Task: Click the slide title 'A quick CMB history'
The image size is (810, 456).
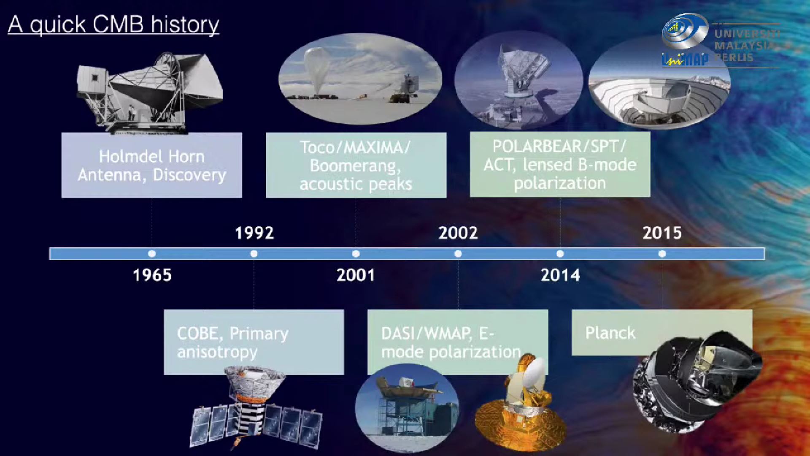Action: coord(113,24)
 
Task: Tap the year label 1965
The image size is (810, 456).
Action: coord(152,275)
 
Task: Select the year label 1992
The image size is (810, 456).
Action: coord(254,233)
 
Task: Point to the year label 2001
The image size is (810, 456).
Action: coord(356,275)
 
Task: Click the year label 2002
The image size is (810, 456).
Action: coord(458,233)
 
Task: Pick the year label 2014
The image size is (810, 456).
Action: coord(560,275)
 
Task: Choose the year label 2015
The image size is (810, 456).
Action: coord(662,233)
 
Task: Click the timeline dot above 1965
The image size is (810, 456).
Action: coord(152,254)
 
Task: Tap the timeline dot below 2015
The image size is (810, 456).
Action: coord(662,254)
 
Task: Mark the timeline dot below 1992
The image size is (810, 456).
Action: coord(254,254)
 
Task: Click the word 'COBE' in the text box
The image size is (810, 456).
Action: coord(200,334)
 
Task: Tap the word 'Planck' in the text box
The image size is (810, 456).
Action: coord(610,334)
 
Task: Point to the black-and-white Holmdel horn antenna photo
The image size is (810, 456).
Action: coord(150,93)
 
